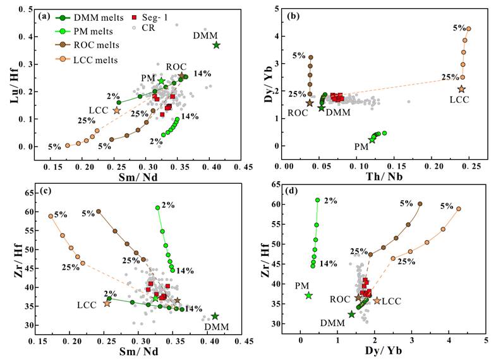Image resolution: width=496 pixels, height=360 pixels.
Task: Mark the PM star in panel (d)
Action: [x=308, y=296]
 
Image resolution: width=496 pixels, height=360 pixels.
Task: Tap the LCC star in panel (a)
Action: [x=117, y=111]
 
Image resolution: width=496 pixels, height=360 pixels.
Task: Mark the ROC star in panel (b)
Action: [x=310, y=103]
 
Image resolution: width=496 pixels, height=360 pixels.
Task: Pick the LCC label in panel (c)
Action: [x=87, y=306]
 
